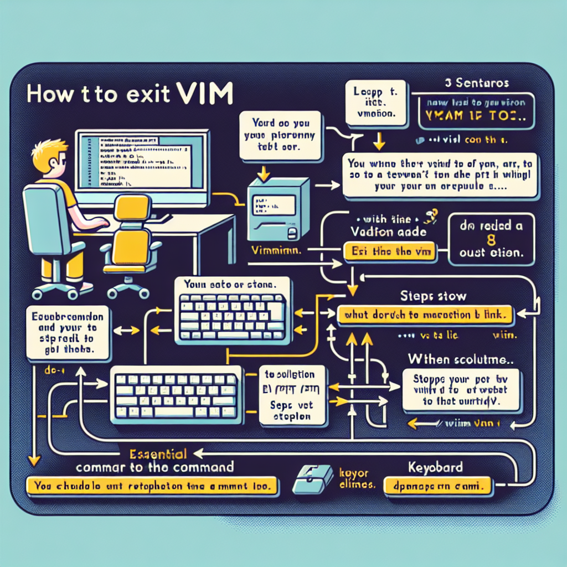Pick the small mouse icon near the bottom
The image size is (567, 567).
tap(312, 478)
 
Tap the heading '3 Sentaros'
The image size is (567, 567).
tap(477, 84)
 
